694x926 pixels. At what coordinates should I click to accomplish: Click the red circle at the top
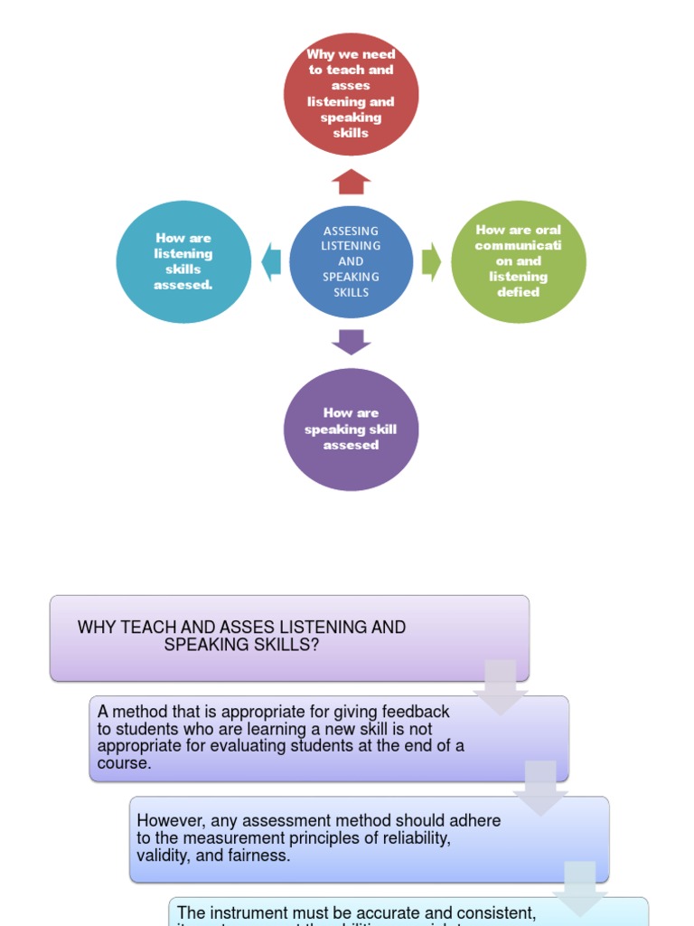pos(351,94)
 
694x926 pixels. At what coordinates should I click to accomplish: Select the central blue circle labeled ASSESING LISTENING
pos(351,261)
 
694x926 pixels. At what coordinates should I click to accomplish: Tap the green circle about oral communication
pos(519,261)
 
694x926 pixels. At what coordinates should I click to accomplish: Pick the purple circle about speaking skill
pos(351,430)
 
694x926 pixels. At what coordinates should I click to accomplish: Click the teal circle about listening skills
pos(183,261)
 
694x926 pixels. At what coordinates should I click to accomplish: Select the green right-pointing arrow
pos(431,261)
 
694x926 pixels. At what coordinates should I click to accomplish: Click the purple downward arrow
pos(351,342)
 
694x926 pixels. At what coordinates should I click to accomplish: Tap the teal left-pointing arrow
pos(271,261)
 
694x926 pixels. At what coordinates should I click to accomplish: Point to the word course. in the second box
pos(125,762)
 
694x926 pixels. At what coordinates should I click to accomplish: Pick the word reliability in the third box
pos(415,837)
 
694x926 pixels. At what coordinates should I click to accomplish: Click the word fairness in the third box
pos(261,855)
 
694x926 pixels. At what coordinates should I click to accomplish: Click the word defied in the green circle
pos(519,292)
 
